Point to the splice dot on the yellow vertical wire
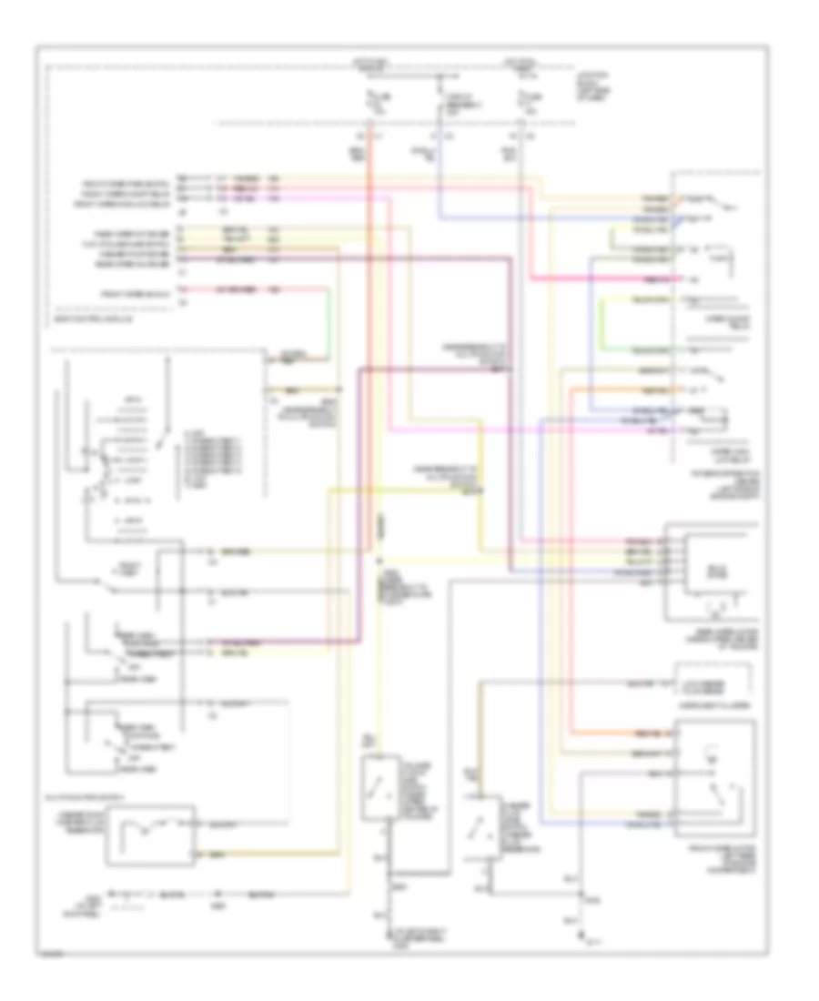380,558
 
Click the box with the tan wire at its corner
150,834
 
